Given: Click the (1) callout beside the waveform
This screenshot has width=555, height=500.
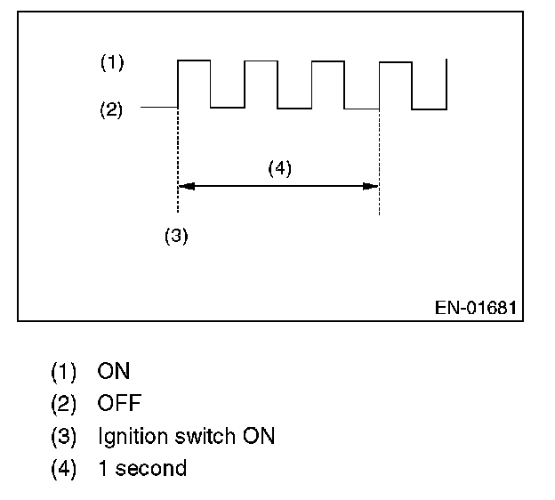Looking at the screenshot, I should [x=111, y=63].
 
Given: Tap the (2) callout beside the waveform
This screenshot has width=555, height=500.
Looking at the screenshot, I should [x=111, y=110].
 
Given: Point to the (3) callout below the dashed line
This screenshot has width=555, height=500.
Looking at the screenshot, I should [x=177, y=238].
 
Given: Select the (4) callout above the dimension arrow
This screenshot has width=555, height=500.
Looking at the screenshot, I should [x=280, y=169].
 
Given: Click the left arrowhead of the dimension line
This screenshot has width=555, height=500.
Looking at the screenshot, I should [x=183, y=186].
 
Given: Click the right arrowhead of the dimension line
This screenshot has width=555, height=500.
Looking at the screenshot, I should [x=374, y=186].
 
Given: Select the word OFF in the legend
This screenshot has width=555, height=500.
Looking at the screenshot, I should [x=118, y=404].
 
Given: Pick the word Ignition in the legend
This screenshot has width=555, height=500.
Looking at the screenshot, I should [x=130, y=436].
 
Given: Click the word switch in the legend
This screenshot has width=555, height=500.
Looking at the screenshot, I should [x=202, y=436].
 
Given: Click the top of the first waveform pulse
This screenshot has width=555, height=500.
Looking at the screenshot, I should [x=194, y=60].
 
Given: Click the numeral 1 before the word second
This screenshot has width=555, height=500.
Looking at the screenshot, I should [x=103, y=468].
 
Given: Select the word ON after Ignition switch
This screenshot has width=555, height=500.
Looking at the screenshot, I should [x=259, y=436].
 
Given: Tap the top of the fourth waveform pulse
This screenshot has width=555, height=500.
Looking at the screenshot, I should [x=395, y=61].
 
